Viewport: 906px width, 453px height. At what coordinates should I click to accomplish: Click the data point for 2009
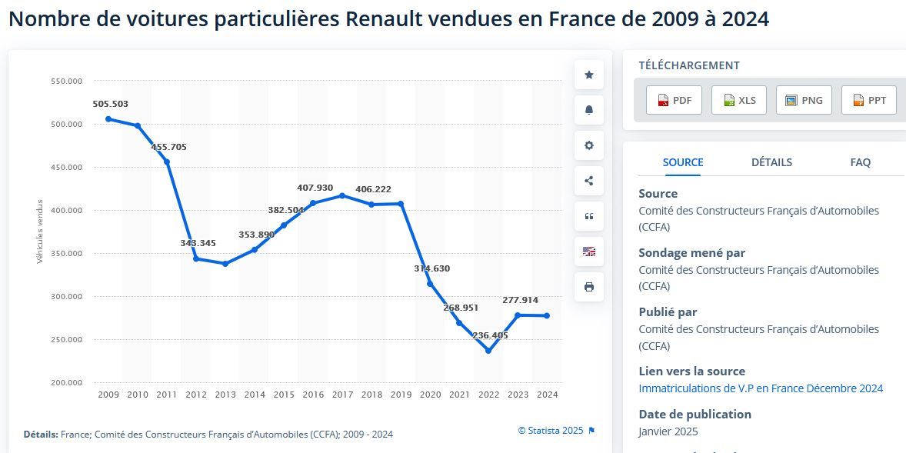pyautogui.click(x=108, y=119)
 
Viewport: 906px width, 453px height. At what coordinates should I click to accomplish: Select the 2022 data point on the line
pyautogui.click(x=488, y=351)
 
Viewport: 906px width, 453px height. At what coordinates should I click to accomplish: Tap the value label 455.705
pyautogui.click(x=169, y=147)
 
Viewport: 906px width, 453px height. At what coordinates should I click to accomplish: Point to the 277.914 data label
pyautogui.click(x=520, y=300)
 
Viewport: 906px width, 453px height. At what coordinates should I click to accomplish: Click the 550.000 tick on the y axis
pyautogui.click(x=65, y=81)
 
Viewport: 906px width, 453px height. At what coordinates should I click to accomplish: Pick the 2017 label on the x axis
pyautogui.click(x=342, y=395)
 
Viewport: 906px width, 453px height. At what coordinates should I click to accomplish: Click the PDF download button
pyautogui.click(x=674, y=100)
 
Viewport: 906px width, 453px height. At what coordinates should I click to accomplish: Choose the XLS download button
pyautogui.click(x=739, y=100)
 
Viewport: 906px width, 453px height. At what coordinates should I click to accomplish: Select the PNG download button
pyautogui.click(x=804, y=100)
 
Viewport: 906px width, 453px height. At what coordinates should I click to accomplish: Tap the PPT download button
pyautogui.click(x=869, y=100)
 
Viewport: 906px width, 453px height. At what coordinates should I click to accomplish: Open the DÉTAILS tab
pyautogui.click(x=771, y=162)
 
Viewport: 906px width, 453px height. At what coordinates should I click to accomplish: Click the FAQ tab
pyautogui.click(x=860, y=162)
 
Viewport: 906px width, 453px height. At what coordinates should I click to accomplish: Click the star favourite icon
pyautogui.click(x=589, y=75)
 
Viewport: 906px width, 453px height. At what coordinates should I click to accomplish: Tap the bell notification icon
pyautogui.click(x=589, y=110)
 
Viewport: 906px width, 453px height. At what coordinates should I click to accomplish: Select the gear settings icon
pyautogui.click(x=589, y=145)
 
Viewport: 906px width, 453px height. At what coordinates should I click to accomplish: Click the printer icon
pyautogui.click(x=589, y=287)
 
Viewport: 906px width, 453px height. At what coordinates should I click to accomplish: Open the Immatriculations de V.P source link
pyautogui.click(x=761, y=388)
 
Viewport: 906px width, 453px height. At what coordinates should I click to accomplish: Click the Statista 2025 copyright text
pyautogui.click(x=551, y=431)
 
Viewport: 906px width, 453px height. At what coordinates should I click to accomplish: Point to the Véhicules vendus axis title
pyautogui.click(x=40, y=231)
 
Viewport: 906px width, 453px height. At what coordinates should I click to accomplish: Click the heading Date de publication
pyautogui.click(x=694, y=414)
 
